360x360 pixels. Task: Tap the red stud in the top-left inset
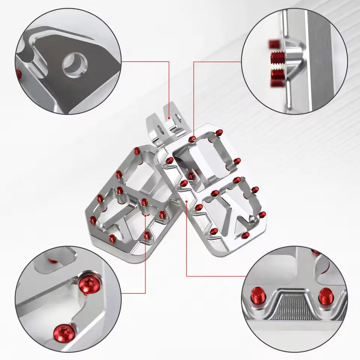[19, 73]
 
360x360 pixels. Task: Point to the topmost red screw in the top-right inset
[273, 44]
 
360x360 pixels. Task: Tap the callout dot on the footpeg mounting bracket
[169, 118]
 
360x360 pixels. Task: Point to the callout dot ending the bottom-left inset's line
[145, 216]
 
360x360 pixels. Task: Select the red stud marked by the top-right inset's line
[193, 139]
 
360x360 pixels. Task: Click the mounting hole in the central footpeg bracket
[160, 130]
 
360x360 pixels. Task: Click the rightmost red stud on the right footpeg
[263, 214]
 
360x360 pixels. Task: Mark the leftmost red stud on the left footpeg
[93, 219]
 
